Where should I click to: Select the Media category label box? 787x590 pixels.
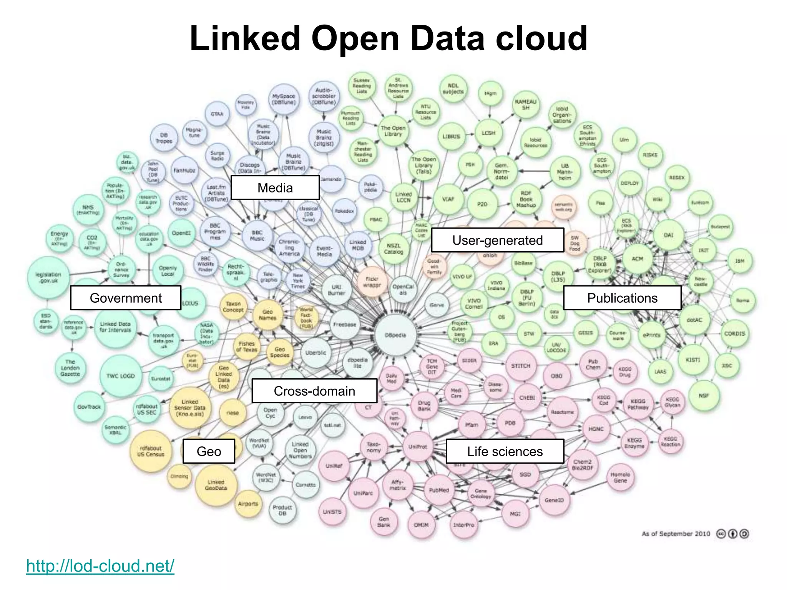275,188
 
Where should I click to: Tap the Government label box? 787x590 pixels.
126,298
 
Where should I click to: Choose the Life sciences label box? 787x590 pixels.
505,451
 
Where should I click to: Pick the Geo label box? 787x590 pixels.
209,451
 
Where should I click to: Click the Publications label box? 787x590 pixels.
622,298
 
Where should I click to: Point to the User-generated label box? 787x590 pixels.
498,240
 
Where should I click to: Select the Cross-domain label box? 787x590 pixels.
314,391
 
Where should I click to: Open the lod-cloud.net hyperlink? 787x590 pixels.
100,566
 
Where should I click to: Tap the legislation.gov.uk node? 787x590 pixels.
48,277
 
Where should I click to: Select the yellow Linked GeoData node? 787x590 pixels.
216,485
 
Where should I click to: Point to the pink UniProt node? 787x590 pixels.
418,447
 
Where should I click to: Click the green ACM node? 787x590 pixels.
637,259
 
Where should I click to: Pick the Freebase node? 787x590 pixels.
345,325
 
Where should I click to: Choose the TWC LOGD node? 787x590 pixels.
121,376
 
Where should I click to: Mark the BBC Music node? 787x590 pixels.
257,235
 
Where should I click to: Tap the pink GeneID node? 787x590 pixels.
554,500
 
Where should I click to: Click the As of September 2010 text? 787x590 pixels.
676,534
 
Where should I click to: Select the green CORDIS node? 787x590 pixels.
734,334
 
